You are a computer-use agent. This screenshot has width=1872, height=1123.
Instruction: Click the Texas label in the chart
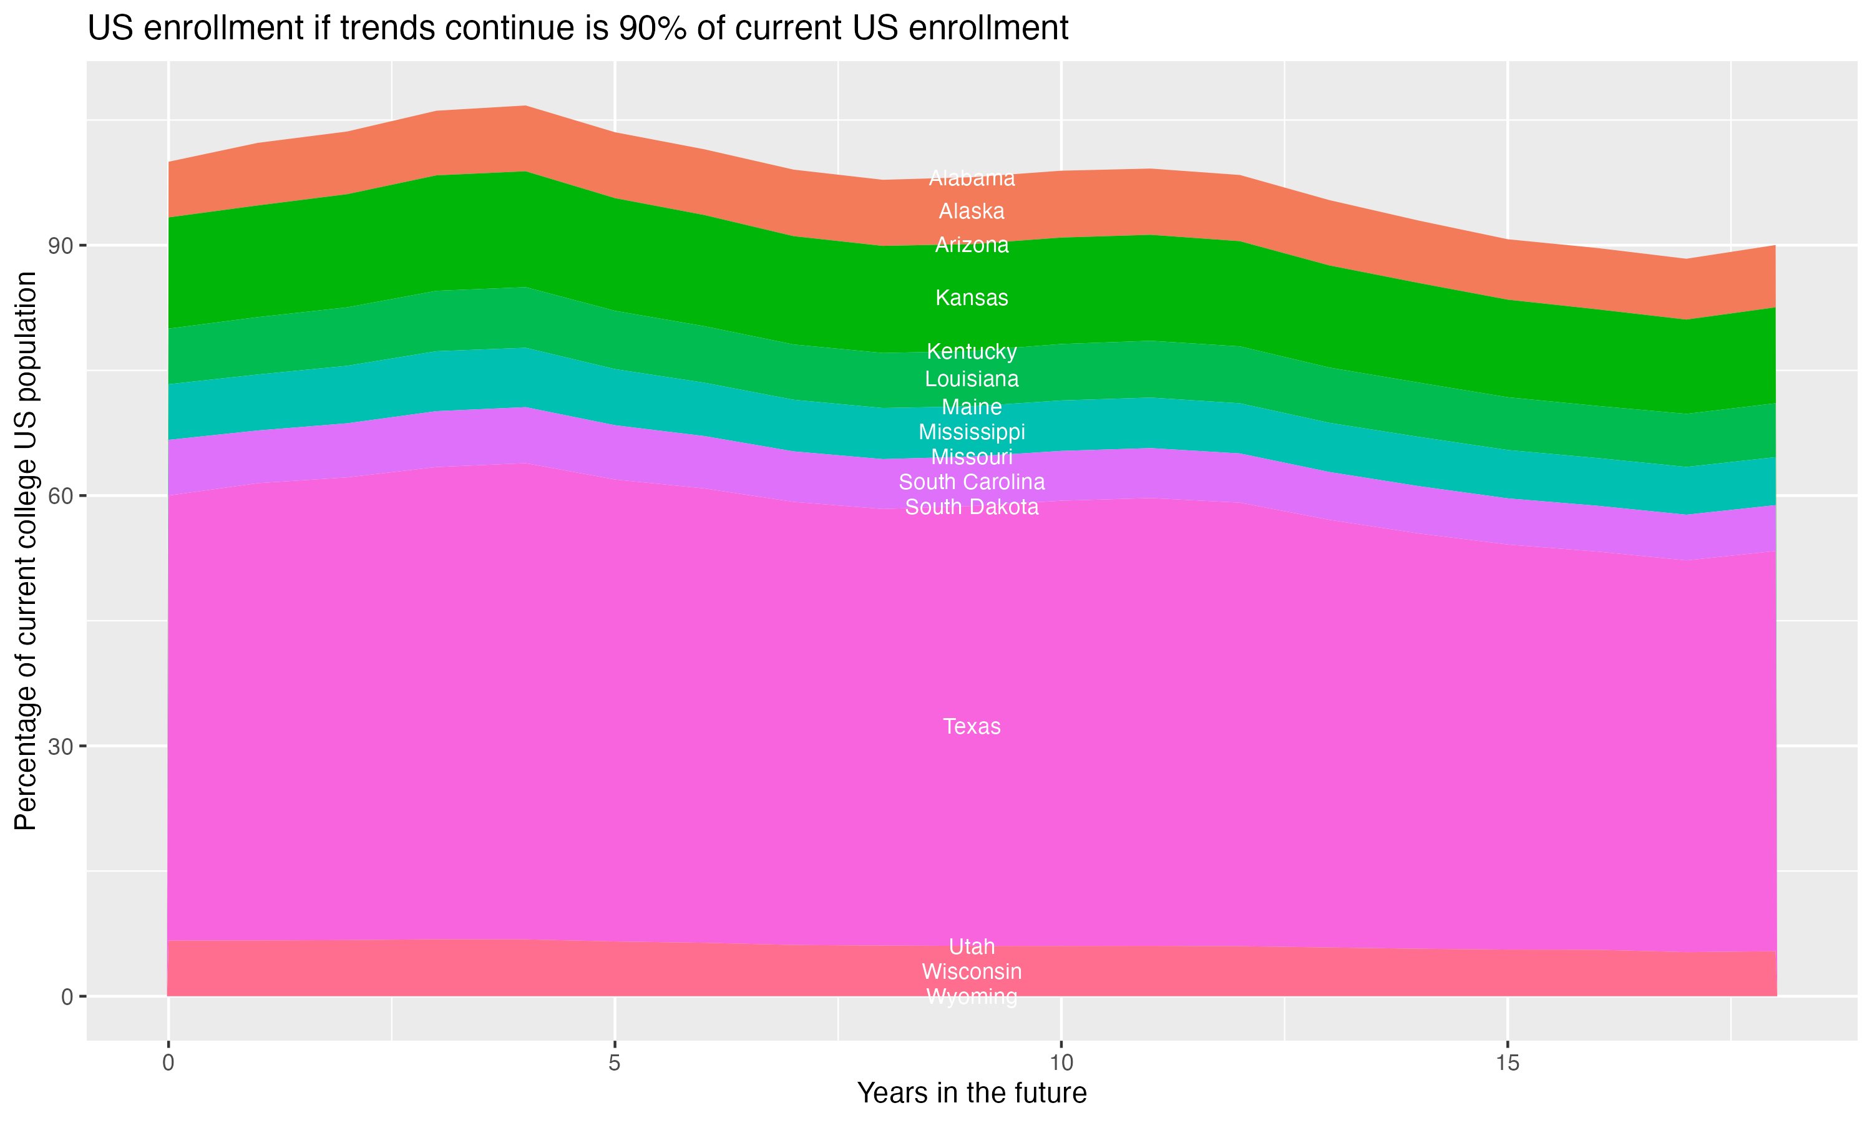tap(972, 726)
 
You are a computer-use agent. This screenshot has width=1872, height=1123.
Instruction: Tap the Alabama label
tap(972, 178)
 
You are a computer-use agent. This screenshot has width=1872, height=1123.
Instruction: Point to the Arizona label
tap(972, 245)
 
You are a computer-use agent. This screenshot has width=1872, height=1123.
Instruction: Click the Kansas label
tap(972, 298)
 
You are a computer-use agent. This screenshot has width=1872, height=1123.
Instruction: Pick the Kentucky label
tap(972, 352)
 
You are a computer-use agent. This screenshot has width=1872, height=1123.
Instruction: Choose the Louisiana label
tap(972, 379)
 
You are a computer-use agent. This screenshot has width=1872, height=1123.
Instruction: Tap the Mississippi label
tap(972, 432)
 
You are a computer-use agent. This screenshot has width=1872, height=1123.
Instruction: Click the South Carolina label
tap(972, 482)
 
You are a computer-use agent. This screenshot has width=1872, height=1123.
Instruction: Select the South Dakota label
tap(972, 507)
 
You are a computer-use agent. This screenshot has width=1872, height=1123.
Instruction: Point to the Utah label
tap(972, 946)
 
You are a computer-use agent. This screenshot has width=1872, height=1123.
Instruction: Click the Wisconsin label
tap(972, 971)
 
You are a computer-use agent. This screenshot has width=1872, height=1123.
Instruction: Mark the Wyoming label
tap(972, 996)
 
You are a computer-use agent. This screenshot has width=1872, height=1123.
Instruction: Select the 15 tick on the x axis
tap(1508, 1063)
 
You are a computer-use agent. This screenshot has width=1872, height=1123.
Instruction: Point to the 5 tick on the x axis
tap(615, 1063)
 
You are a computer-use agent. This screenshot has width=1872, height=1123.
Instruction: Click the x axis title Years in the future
tap(972, 1094)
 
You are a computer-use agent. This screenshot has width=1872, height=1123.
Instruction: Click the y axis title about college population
tap(26, 551)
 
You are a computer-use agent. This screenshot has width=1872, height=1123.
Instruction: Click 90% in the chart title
tap(652, 29)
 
